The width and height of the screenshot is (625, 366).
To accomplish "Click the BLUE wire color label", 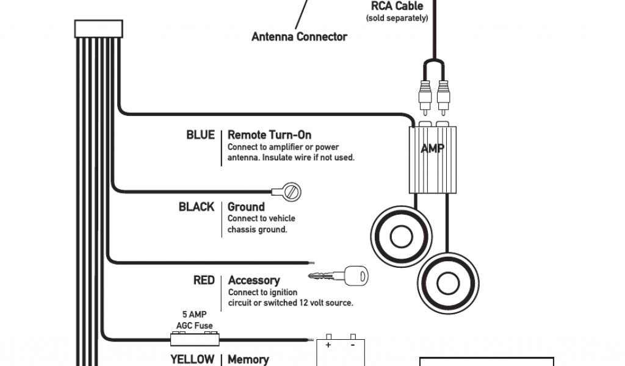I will coord(200,135).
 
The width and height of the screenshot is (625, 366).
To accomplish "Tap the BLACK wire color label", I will coord(197,207).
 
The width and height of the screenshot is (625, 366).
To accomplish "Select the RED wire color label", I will coord(204,280).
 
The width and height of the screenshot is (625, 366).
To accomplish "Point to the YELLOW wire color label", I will coord(192,359).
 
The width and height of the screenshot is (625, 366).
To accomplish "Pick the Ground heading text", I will coord(246,207).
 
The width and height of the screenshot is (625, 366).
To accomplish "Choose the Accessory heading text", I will coord(254,280).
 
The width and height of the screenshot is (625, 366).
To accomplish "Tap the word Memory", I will coord(248,359).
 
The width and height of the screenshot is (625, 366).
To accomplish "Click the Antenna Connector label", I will coord(299,37).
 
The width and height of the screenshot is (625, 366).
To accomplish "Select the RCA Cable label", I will coord(397,6).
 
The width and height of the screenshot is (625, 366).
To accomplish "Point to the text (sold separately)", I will coord(397,18).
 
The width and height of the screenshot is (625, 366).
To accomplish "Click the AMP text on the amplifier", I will coord(432,148).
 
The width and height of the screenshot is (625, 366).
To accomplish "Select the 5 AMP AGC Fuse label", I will coord(194,320).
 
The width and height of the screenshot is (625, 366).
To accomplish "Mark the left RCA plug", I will coord(425,98).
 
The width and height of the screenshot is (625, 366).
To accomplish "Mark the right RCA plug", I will coord(444,98).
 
